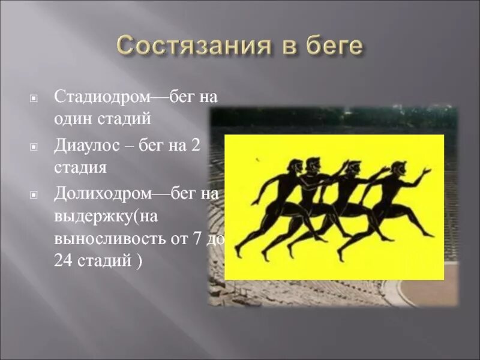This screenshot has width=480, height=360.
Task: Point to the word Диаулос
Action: click(x=89, y=146)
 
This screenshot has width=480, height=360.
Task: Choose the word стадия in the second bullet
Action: click(x=80, y=167)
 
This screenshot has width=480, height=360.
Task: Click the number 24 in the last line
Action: click(x=63, y=262)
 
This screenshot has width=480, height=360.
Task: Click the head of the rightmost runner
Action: click(x=398, y=169)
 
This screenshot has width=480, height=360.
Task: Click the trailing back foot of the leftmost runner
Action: click(x=238, y=251)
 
